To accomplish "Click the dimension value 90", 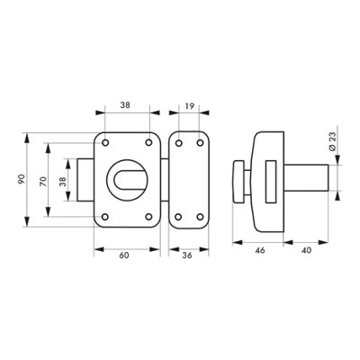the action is [x=21, y=179].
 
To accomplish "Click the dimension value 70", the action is [x=43, y=182].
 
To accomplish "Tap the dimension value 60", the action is [x=124, y=256].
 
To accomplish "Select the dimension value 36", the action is [x=187, y=256].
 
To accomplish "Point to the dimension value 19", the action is [x=190, y=105].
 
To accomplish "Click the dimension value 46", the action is [x=260, y=250].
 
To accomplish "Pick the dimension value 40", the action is [x=306, y=250].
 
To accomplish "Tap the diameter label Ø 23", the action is [x=332, y=141].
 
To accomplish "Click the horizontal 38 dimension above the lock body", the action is [x=125, y=105].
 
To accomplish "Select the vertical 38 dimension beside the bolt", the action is [x=63, y=182].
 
